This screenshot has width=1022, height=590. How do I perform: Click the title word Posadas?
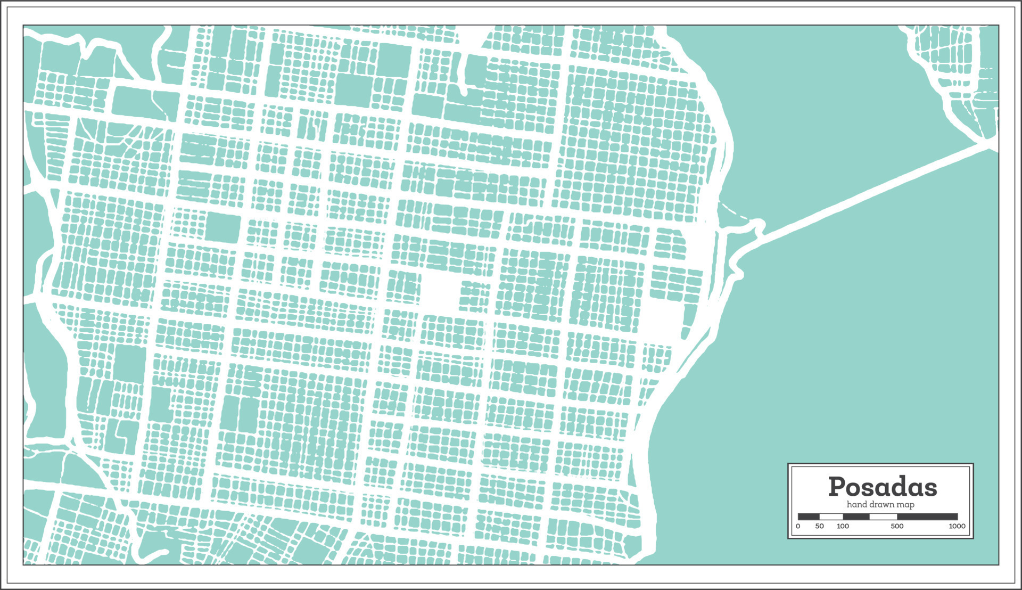click(x=882, y=487)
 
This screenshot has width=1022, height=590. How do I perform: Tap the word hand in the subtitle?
click(x=857, y=504)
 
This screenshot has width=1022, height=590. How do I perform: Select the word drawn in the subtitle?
click(x=881, y=504)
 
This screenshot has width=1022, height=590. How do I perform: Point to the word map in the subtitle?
click(x=905, y=505)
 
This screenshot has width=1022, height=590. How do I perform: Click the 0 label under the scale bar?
click(x=798, y=526)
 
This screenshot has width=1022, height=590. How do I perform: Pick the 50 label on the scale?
click(x=819, y=526)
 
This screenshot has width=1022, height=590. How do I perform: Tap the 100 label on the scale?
click(x=843, y=526)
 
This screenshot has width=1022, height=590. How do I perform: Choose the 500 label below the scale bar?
click(x=897, y=526)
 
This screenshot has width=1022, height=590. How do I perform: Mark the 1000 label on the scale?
click(x=957, y=526)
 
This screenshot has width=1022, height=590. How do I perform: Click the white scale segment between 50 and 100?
click(x=831, y=517)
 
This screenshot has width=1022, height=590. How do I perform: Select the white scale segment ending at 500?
click(x=883, y=517)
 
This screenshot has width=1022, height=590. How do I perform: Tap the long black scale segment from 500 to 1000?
click(x=927, y=517)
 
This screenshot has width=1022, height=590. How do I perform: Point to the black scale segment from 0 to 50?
click(x=809, y=517)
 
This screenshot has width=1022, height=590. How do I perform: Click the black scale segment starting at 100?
click(x=856, y=517)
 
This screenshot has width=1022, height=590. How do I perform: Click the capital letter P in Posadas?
click(x=838, y=487)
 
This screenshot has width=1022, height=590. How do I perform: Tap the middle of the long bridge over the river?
click(x=873, y=190)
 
